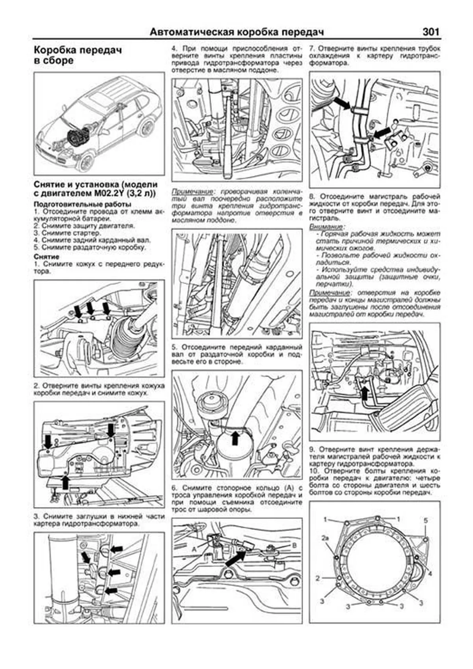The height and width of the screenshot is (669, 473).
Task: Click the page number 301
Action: click(x=430, y=32)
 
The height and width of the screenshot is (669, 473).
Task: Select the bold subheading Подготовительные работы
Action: click(x=82, y=204)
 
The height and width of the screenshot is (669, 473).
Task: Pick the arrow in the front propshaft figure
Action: click(x=235, y=438)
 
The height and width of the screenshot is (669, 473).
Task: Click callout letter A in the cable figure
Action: click(x=194, y=548)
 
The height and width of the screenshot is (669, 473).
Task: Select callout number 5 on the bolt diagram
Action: click(x=426, y=520)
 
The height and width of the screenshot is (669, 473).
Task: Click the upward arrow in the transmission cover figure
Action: click(x=65, y=482)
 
